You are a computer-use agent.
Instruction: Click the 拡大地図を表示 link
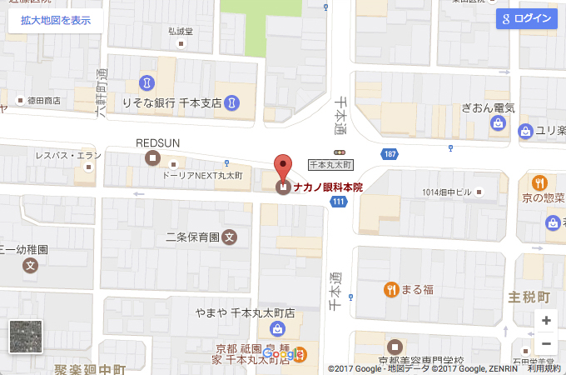click(x=56, y=20)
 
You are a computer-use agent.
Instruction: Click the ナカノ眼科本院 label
click(x=328, y=187)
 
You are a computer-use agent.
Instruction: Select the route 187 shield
click(x=390, y=154)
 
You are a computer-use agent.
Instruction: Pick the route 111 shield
click(x=337, y=202)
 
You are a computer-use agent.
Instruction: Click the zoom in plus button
click(x=546, y=320)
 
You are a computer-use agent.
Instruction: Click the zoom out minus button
click(x=546, y=343)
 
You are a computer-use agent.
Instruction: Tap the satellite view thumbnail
click(x=24, y=337)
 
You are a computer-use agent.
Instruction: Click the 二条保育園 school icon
click(x=231, y=237)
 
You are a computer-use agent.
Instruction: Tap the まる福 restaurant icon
click(x=390, y=290)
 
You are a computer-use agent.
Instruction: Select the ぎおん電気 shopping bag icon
click(x=498, y=123)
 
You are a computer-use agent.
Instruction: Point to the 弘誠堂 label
click(x=180, y=32)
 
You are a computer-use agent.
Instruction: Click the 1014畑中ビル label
click(x=447, y=192)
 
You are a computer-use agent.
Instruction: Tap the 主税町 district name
click(x=529, y=297)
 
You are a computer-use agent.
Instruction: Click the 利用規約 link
click(x=544, y=368)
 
